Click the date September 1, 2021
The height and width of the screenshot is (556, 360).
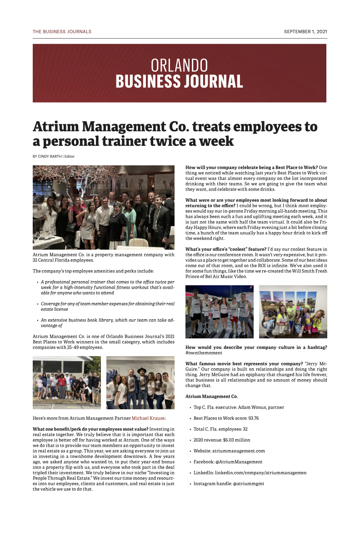click(305, 32)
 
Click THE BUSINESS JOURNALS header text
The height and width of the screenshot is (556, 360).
click(62, 32)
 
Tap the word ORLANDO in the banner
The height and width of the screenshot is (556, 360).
click(179, 65)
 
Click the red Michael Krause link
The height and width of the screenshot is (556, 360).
click(148, 418)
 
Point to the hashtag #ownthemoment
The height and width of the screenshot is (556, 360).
click(204, 353)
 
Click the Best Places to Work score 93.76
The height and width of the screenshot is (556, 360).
click(250, 418)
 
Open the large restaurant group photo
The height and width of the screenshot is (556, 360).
click(104, 208)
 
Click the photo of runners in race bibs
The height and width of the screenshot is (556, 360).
click(220, 312)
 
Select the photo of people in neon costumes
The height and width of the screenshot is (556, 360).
click(293, 312)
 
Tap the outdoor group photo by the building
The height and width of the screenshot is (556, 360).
click(67, 382)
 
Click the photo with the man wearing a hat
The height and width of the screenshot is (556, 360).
click(140, 382)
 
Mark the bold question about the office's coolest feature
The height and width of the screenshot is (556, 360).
click(226, 249)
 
